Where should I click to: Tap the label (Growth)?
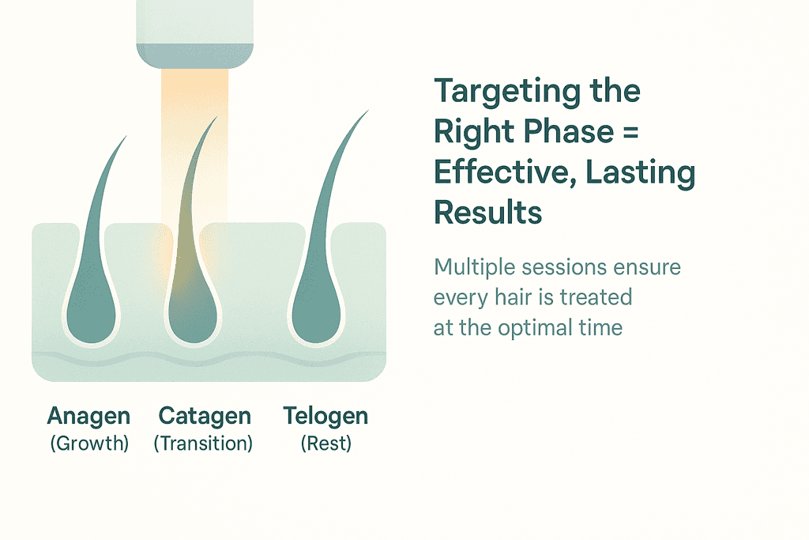pyautogui.click(x=89, y=444)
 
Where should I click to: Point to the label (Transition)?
pyautogui.click(x=203, y=444)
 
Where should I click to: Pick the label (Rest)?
pyautogui.click(x=326, y=444)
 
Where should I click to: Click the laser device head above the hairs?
pyautogui.click(x=195, y=34)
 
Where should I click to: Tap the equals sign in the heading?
pyautogui.click(x=630, y=132)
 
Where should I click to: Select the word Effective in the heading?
pyautogui.click(x=505, y=172)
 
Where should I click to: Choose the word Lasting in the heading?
pyautogui.click(x=640, y=173)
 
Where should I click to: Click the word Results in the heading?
pyautogui.click(x=488, y=212)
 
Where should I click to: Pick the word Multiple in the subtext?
pyautogui.click(x=474, y=268)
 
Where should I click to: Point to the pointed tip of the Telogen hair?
pyautogui.click(x=368, y=110)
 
